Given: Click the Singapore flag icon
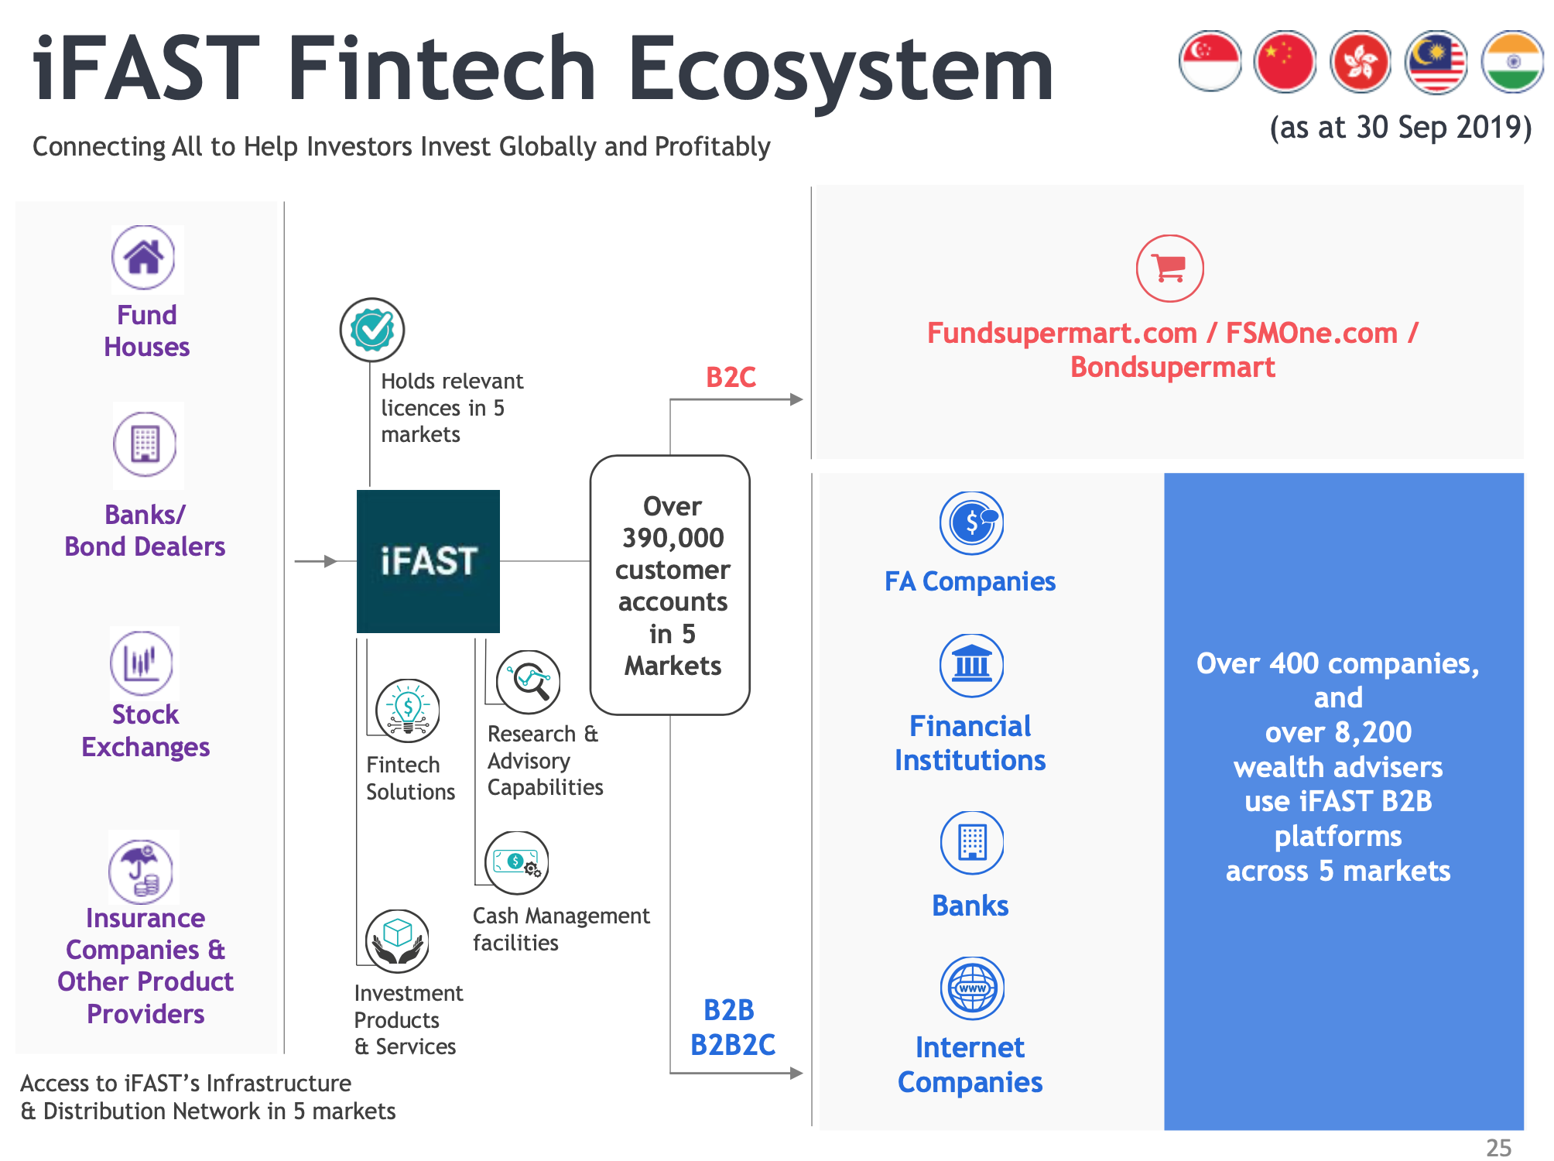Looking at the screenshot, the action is [1210, 61].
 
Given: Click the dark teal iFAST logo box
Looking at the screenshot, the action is [428, 561].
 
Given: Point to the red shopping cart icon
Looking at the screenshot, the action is [1169, 268].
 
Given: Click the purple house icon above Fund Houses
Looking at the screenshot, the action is [144, 258].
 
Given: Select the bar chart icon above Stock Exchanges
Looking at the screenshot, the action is [142, 663].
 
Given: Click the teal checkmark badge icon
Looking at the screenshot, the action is [372, 330].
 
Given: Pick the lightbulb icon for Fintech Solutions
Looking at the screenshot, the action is [408, 711].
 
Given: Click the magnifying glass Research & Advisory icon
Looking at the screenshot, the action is [529, 681].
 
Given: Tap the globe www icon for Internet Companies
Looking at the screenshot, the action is [972, 988].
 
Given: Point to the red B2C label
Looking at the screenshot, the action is [731, 377].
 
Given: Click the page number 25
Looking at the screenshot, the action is [1499, 1147].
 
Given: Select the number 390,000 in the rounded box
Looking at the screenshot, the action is [673, 538].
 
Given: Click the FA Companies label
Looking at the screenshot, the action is [970, 581].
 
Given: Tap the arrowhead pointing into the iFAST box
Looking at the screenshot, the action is [331, 561].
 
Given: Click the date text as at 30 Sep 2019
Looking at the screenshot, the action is [1402, 127].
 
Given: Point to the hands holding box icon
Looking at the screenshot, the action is [398, 941].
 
